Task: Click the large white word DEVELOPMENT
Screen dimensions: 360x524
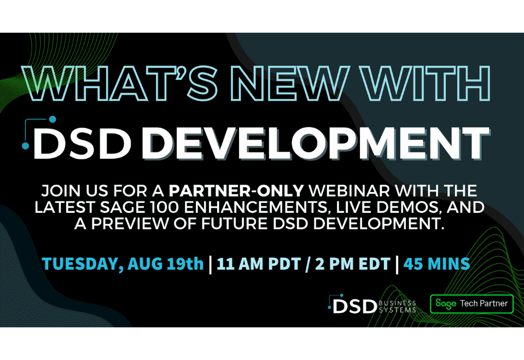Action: click(315, 142)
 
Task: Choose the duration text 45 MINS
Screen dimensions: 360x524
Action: click(436, 264)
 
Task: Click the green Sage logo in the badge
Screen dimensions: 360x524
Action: click(446, 304)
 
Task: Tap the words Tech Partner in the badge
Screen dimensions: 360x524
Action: click(484, 303)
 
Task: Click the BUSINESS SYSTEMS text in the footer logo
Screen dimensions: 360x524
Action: click(398, 306)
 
